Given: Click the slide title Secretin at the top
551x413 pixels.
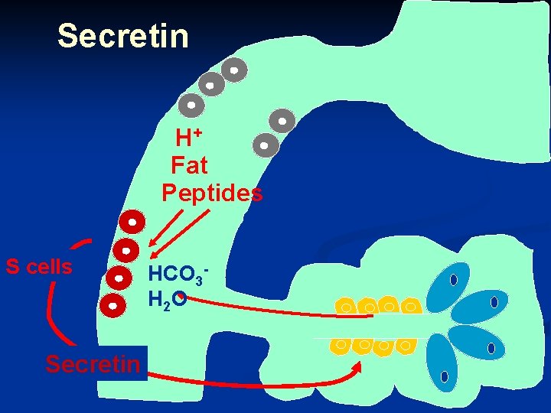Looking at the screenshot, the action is click(122, 35).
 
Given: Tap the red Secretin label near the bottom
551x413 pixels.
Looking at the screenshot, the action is click(93, 364).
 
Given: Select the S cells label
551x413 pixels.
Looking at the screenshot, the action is click(39, 267).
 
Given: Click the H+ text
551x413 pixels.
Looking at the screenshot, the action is click(188, 138).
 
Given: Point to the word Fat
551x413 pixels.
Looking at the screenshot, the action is click(189, 164).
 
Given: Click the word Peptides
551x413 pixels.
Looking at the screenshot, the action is click(212, 193).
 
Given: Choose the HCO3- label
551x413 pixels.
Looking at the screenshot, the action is click(178, 274).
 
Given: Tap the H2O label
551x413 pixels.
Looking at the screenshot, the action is click(166, 301).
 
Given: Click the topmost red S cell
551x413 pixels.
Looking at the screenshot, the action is click(132, 223).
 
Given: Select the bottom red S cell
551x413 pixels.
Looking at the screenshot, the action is click(113, 305).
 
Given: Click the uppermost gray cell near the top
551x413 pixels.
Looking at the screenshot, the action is click(234, 70).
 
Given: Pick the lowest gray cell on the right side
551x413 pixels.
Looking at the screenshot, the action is click(265, 144).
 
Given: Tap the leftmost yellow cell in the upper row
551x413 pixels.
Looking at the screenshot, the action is click(346, 307).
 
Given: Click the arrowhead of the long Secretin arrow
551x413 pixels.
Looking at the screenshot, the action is click(357, 366).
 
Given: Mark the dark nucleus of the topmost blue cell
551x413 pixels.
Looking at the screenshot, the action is click(453, 280).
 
